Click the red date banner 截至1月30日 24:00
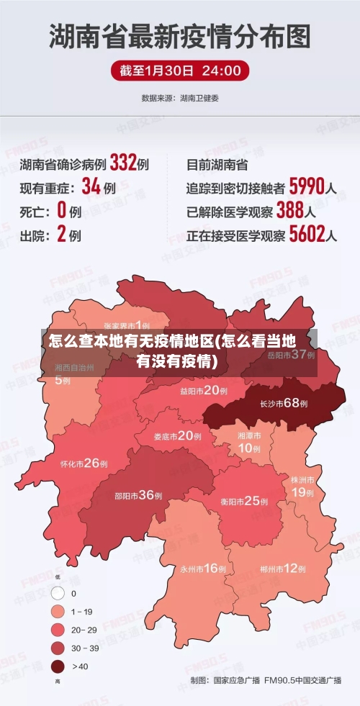[x=180, y=71]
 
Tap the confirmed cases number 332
[x=123, y=163]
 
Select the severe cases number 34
[x=91, y=187]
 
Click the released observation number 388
[x=290, y=211]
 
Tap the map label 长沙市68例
[x=283, y=404]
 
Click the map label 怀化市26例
[x=84, y=463]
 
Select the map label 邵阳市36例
[x=138, y=495]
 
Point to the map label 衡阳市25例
[x=244, y=501]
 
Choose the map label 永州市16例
[x=203, y=569]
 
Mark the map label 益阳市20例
[x=204, y=391]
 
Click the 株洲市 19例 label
[x=302, y=486]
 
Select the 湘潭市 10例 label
[x=249, y=442]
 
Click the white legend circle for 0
[x=58, y=594]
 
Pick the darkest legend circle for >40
[x=58, y=666]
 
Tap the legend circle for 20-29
[x=58, y=630]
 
